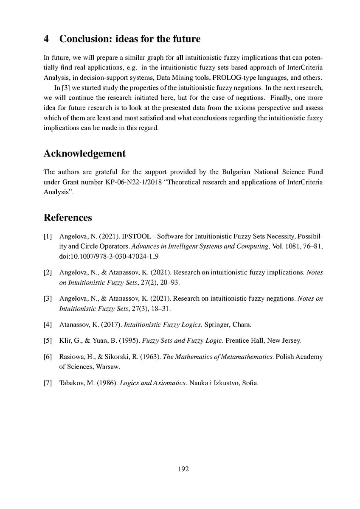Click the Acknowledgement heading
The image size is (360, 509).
[84, 154]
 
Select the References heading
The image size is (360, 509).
[67, 218]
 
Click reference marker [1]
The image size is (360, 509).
[48, 236]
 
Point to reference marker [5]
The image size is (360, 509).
[48, 341]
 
